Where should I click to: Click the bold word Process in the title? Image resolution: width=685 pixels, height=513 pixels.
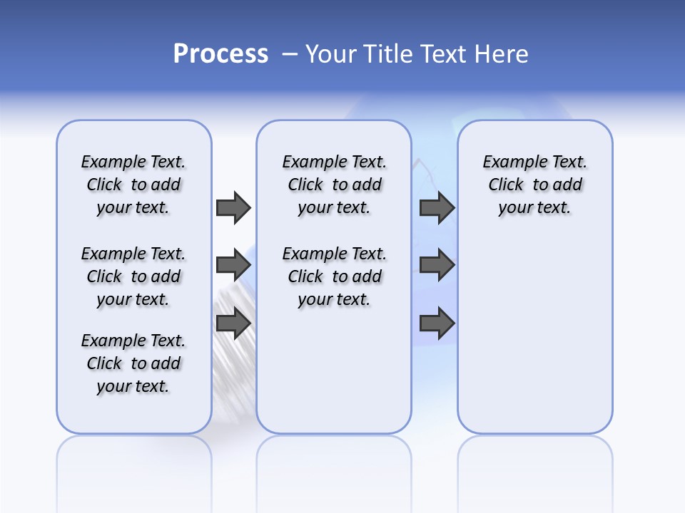pos(220,54)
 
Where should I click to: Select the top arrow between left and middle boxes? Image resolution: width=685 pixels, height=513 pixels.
pos(233,207)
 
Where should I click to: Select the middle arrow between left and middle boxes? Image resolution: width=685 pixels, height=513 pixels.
pos(233,265)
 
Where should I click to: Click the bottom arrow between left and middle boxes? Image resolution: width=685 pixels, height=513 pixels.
pos(233,323)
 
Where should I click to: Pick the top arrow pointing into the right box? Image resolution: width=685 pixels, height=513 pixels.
pos(437,207)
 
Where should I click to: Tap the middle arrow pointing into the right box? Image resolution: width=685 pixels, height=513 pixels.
pos(437,265)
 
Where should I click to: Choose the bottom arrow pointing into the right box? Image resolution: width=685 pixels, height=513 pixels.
pos(437,323)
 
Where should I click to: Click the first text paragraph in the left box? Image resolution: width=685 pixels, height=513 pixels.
pos(133,185)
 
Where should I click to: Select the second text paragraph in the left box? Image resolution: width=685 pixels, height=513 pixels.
pos(133,276)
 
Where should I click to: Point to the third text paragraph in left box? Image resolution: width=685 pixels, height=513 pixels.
pos(133,363)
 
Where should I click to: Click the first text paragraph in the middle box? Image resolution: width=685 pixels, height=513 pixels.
pos(335,185)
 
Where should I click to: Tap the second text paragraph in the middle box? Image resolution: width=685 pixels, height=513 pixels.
pos(335,276)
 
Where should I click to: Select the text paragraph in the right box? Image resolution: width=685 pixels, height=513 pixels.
pos(535,185)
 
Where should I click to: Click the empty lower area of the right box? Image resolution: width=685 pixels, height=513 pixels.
pos(535,342)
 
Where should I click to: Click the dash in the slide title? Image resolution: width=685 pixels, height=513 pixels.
pos(290,54)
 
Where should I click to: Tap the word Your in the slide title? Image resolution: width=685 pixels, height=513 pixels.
pos(333,54)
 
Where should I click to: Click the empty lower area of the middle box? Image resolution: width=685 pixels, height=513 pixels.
pos(334,370)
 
